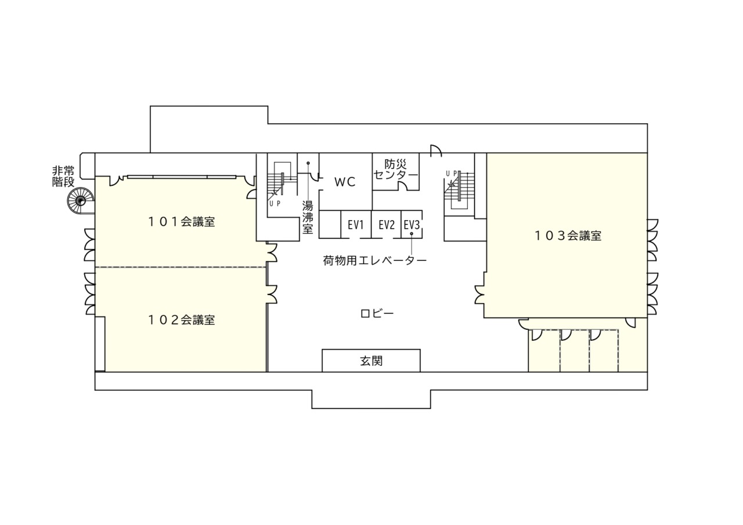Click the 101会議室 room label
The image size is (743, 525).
(182, 222)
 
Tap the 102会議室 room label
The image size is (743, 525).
(182, 320)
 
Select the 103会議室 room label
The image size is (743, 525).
(568, 236)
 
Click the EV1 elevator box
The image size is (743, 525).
(356, 224)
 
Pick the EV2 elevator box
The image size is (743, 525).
(387, 224)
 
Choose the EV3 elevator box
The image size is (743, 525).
(412, 224)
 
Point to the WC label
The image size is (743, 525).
(345, 182)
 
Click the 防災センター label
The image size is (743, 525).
(395, 170)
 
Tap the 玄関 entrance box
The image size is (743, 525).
(371, 361)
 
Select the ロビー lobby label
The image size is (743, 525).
(377, 314)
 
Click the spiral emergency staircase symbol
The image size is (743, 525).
(81, 200)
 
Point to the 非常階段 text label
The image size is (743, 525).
(63, 177)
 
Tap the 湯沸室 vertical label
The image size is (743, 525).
(308, 218)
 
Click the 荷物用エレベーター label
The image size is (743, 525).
(375, 261)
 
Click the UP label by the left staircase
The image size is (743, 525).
(275, 204)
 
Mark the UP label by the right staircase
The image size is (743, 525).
(452, 174)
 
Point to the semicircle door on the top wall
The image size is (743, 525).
(436, 150)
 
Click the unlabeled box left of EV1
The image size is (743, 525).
(330, 224)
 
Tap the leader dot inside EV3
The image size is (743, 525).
(412, 233)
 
